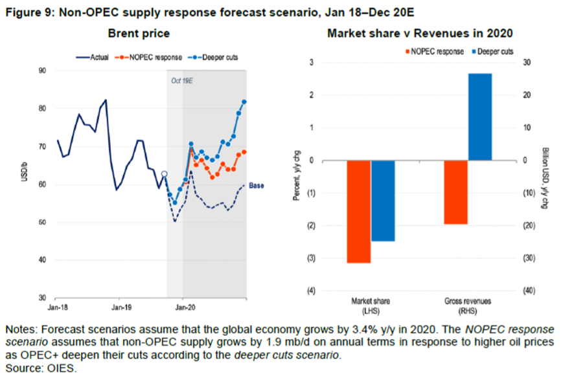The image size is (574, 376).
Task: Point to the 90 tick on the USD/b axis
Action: (x=43, y=70)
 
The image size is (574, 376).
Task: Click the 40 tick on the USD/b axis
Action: (x=43, y=260)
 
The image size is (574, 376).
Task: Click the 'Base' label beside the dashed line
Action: (x=257, y=185)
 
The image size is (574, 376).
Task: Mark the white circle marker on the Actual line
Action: (x=164, y=174)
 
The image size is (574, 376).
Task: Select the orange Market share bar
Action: (x=358, y=212)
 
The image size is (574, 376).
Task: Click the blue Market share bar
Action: (x=382, y=201)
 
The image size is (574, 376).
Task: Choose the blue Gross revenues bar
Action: (x=480, y=117)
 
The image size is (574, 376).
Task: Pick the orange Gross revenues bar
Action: (x=456, y=192)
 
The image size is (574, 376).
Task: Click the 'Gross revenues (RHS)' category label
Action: (x=468, y=304)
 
